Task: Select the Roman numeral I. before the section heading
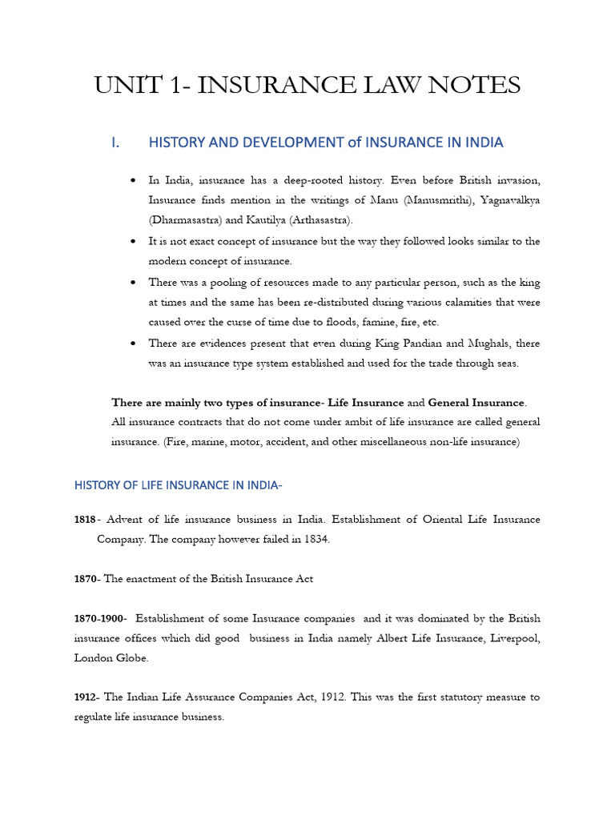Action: click(115, 143)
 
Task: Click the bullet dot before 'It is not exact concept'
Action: click(131, 241)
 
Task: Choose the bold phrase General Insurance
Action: click(476, 401)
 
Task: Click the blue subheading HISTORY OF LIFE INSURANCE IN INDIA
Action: click(179, 484)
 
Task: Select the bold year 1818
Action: click(86, 520)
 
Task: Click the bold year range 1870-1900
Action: click(101, 617)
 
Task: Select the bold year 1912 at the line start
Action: click(86, 697)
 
